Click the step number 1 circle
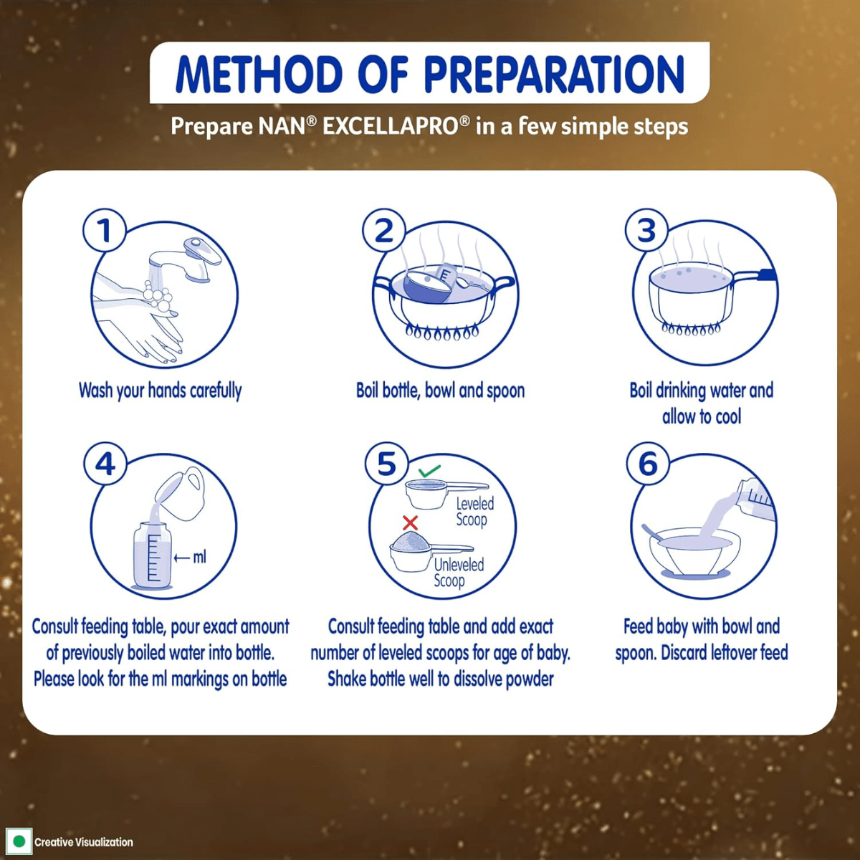(105, 231)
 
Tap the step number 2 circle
(384, 231)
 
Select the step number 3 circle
(646, 231)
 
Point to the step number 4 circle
(105, 464)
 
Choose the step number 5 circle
(386, 464)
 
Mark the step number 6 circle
(648, 464)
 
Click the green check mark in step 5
(429, 471)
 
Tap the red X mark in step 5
(410, 522)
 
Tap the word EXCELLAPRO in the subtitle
(391, 127)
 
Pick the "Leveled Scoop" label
(474, 512)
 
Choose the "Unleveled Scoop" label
(458, 573)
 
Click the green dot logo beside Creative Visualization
(19, 841)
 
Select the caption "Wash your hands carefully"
(160, 391)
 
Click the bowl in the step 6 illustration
(694, 552)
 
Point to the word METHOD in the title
(259, 74)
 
